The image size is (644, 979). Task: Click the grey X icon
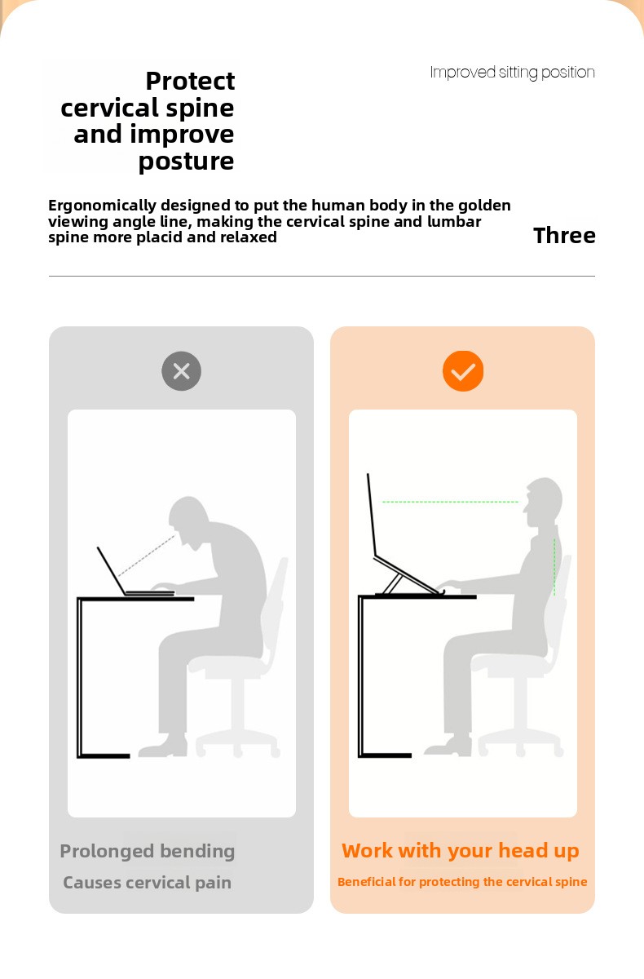pyautogui.click(x=181, y=371)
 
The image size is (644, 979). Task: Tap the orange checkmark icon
pyautogui.click(x=463, y=371)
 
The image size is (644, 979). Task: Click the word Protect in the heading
pyautogui.click(x=190, y=82)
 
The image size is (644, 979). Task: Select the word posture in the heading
pyautogui.click(x=186, y=162)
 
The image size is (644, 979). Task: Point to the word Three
pyautogui.click(x=564, y=236)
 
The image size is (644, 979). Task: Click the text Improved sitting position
pyautogui.click(x=512, y=73)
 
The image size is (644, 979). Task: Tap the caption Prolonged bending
pyautogui.click(x=147, y=852)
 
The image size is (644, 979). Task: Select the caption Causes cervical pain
pyautogui.click(x=147, y=883)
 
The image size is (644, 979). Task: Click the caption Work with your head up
pyautogui.click(x=461, y=851)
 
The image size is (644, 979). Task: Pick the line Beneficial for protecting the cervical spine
pyautogui.click(x=462, y=882)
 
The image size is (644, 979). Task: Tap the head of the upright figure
pyautogui.click(x=543, y=502)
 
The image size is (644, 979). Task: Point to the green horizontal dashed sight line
pyautogui.click(x=450, y=502)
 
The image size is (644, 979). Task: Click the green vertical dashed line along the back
pyautogui.click(x=554, y=567)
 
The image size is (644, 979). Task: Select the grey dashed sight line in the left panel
pyautogui.click(x=147, y=555)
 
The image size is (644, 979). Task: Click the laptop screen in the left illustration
pyautogui.click(x=112, y=570)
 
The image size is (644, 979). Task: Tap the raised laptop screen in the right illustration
pyautogui.click(x=372, y=515)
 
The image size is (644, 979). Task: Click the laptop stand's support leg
pyautogui.click(x=393, y=584)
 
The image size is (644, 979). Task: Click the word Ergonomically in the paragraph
pyautogui.click(x=102, y=206)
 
